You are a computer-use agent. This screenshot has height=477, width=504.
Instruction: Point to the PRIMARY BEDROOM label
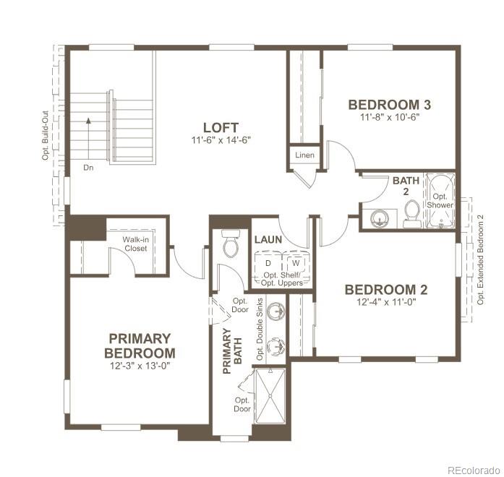[x=140, y=345]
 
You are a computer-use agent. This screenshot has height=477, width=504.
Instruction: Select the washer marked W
[x=295, y=262]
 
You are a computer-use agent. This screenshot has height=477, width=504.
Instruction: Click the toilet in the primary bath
[x=231, y=245]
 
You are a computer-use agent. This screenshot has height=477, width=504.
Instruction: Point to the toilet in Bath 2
[x=412, y=212]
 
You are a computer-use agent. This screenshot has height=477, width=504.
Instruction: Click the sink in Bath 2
[x=380, y=218]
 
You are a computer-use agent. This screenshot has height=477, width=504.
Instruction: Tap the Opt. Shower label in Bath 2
[x=440, y=200]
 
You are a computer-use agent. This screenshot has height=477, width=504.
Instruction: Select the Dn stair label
[x=87, y=168]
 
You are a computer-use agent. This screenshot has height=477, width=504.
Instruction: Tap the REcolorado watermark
[x=472, y=469]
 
